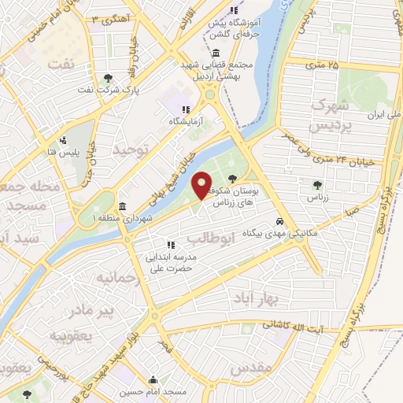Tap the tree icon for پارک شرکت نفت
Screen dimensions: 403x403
108,77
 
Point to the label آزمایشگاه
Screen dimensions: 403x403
186,122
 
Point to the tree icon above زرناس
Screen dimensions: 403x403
316,185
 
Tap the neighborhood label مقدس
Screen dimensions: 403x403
257,368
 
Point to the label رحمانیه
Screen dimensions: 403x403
116,279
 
